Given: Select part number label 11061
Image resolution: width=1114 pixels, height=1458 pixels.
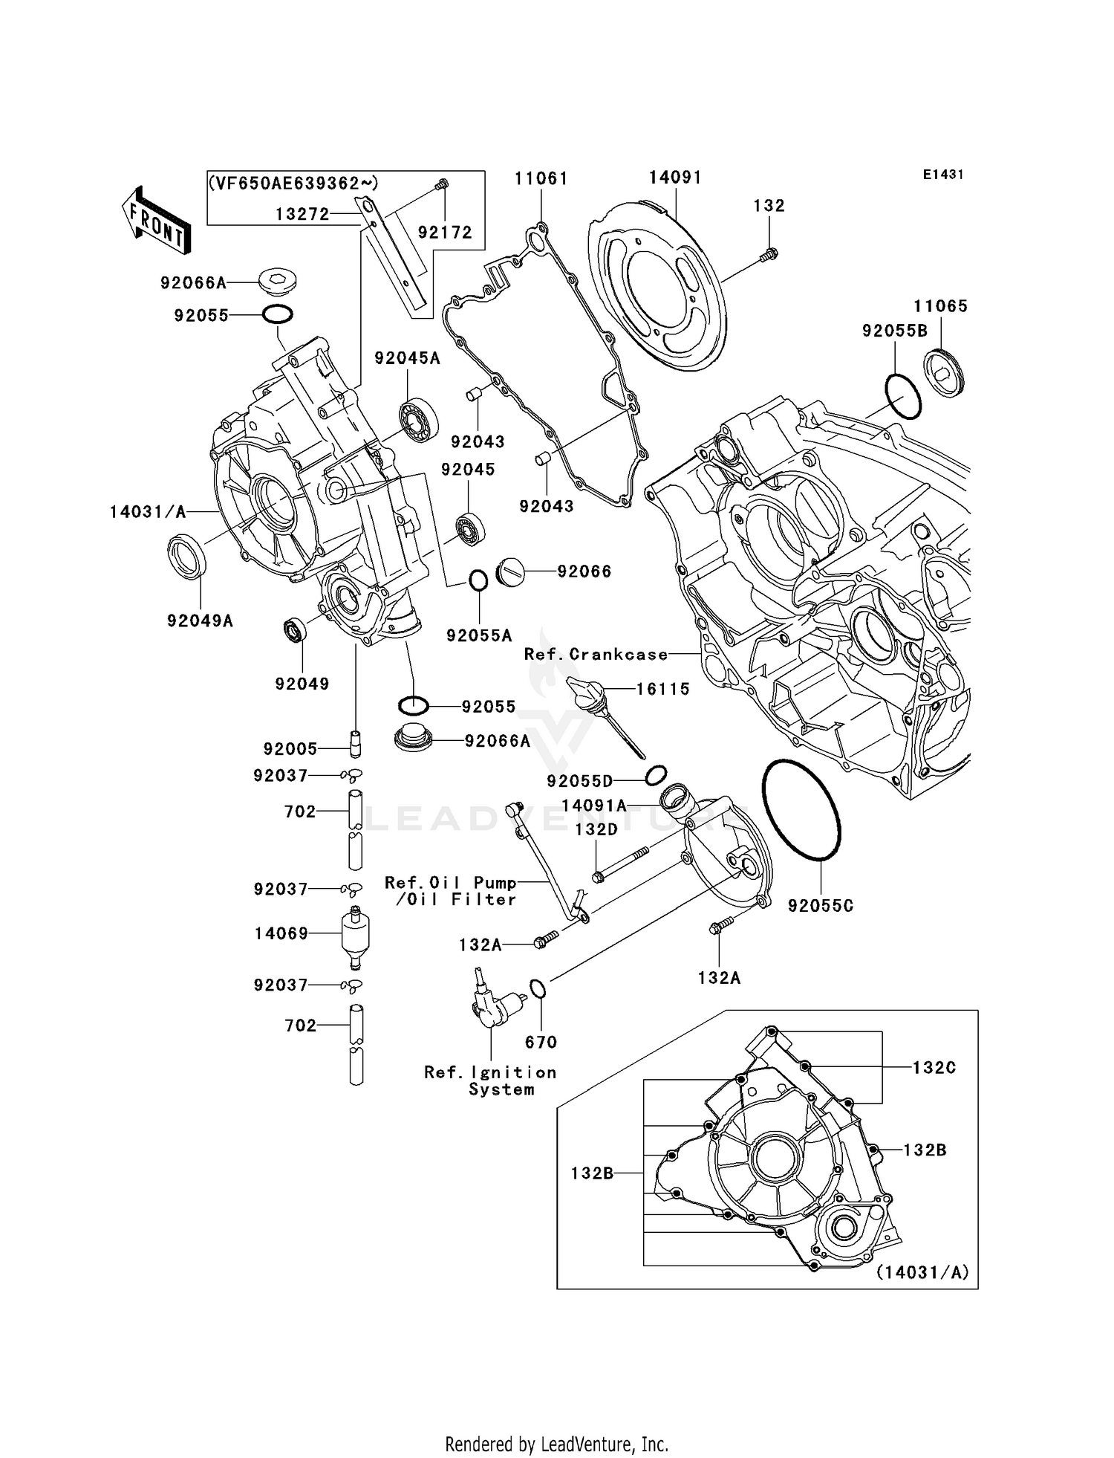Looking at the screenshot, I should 541,178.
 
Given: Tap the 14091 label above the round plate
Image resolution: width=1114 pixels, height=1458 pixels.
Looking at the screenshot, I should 675,177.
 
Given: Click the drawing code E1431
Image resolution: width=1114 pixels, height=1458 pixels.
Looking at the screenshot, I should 943,175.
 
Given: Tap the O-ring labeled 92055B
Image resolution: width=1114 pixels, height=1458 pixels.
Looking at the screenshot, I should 903,398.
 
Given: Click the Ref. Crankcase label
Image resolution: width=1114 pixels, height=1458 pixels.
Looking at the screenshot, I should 596,654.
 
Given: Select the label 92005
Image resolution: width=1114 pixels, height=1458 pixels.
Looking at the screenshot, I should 290,748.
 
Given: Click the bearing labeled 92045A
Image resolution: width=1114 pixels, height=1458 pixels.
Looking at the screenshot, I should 419,421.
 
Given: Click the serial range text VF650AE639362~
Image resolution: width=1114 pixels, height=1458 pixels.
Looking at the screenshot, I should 294,184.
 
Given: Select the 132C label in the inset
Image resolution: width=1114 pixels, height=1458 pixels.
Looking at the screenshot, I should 934,1067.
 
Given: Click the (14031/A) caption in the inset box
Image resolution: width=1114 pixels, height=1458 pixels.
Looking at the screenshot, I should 922,1272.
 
